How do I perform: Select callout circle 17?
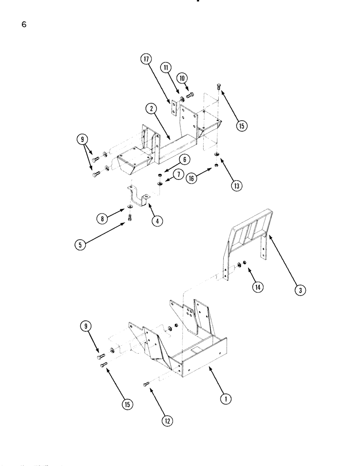coord(146,59)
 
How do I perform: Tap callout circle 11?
coord(166,68)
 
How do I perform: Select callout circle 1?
coord(226,398)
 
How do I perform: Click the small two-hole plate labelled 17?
coord(173,109)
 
